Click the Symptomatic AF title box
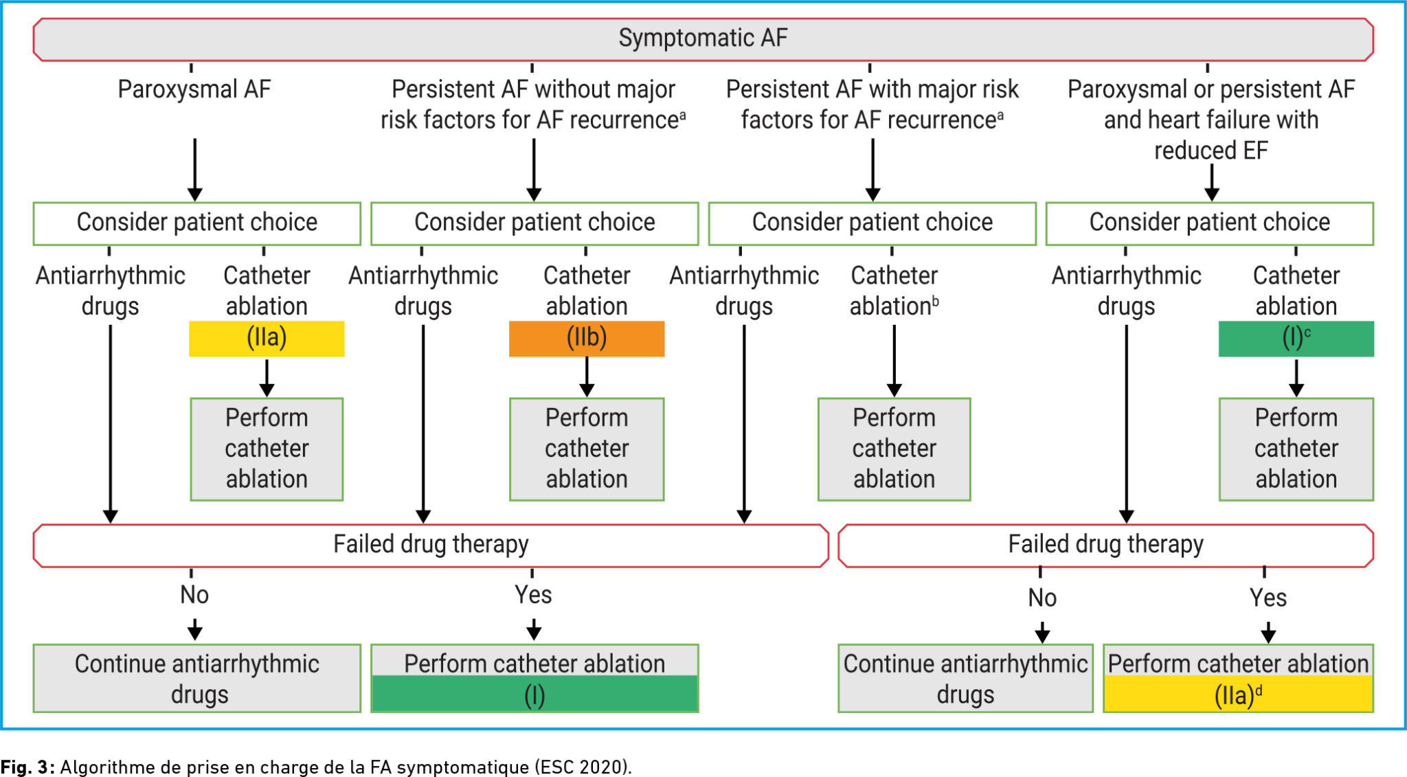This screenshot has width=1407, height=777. (x=703, y=39)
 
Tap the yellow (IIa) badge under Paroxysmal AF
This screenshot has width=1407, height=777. (x=267, y=338)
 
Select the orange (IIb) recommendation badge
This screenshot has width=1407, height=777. (x=587, y=338)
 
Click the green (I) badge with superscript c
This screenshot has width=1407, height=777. (x=1296, y=338)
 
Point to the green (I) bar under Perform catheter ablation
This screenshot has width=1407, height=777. (x=534, y=695)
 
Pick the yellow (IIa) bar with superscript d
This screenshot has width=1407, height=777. (x=1238, y=695)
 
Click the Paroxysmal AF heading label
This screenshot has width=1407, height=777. (x=194, y=89)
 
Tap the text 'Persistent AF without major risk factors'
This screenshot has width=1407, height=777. (x=533, y=104)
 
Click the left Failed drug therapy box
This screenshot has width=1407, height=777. (x=431, y=545)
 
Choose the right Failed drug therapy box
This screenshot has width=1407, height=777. (x=1105, y=545)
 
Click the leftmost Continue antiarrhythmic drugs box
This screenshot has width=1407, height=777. (x=197, y=678)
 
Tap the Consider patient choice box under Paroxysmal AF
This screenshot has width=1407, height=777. (x=197, y=223)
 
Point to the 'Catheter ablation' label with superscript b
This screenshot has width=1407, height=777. (x=894, y=291)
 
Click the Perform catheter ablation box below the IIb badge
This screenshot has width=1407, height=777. (x=587, y=449)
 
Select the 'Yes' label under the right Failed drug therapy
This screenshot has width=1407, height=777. (x=1268, y=598)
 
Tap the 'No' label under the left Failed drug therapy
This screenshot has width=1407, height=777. (x=194, y=595)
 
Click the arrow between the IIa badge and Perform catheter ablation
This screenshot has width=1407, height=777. (x=267, y=377)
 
